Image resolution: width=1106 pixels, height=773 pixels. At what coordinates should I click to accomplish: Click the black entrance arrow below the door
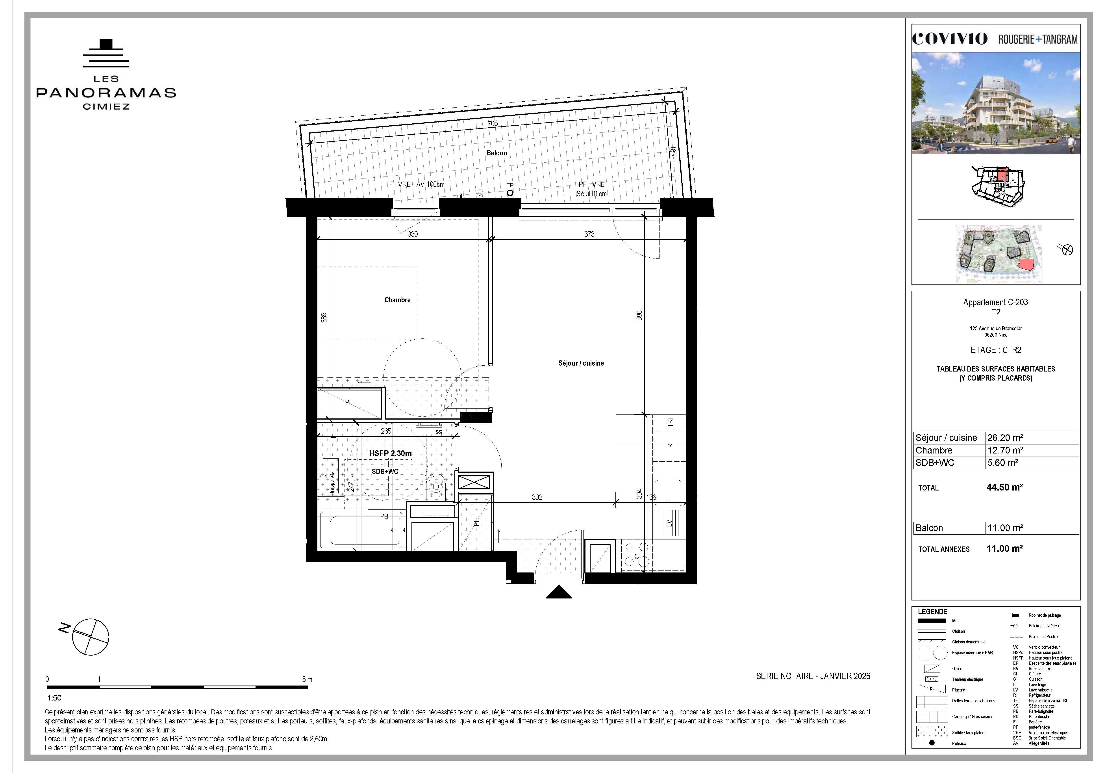[559, 592]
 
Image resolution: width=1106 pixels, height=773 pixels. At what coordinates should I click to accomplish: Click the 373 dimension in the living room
[589, 234]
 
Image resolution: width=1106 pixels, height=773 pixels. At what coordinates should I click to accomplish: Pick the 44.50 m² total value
[1004, 487]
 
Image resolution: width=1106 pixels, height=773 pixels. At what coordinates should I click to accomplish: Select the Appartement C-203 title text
[995, 302]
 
